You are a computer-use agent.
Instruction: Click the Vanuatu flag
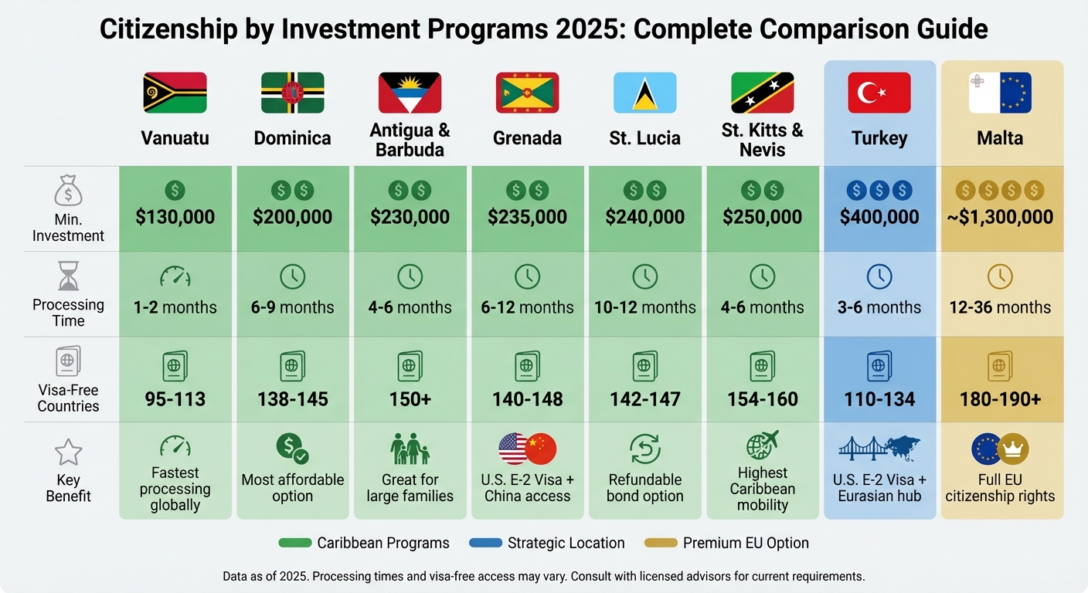[175, 93]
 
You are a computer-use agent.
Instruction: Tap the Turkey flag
[879, 93]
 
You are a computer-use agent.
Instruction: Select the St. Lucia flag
[644, 93]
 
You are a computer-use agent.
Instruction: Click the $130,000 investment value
[175, 217]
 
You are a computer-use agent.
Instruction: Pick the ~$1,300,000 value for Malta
[1001, 217]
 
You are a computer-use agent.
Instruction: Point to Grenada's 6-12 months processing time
[527, 307]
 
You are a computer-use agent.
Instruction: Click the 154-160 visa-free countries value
[762, 399]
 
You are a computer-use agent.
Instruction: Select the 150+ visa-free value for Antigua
[410, 399]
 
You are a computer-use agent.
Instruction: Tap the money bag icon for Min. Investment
[68, 191]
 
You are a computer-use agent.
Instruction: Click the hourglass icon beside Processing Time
[68, 276]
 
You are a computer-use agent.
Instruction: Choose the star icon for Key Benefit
[68, 452]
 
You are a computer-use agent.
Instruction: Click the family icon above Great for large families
[410, 449]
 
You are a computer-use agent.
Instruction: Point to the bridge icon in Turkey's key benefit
[861, 449]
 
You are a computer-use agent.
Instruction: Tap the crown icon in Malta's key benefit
[1013, 449]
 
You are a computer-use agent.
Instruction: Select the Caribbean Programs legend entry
[364, 543]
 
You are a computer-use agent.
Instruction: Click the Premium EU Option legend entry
[727, 543]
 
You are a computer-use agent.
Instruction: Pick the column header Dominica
[292, 138]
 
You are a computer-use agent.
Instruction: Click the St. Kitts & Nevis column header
[762, 139]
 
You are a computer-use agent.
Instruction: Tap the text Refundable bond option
[644, 488]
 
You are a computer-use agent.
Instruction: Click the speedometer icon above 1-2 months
[175, 276]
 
